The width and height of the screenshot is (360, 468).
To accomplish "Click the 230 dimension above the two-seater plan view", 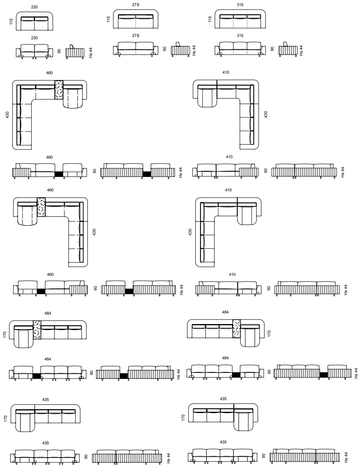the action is [34, 7].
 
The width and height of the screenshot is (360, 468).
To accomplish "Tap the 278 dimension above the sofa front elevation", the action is [136, 35].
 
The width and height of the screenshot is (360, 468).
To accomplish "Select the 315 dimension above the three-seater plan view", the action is [240, 5].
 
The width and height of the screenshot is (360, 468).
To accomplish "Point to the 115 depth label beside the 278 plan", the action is [108, 19].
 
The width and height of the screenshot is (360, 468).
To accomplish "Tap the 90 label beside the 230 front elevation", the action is [59, 51].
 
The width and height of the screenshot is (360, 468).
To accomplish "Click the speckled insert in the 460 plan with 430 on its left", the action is [59, 90].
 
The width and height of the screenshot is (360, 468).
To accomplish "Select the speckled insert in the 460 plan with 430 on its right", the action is [41, 207].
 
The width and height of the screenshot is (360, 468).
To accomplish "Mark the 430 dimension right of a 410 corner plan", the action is [266, 115].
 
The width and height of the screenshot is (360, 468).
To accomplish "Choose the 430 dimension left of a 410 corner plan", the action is [190, 232].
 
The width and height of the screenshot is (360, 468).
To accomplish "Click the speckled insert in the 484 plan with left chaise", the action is [37, 330].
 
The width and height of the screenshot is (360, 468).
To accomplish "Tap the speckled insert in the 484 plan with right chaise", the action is [236, 329].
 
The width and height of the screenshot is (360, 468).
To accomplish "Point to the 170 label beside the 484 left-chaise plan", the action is [5, 335].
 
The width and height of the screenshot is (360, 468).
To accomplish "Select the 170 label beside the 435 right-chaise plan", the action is [183, 417].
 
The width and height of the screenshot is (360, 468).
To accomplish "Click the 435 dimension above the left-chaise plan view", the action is [45, 400].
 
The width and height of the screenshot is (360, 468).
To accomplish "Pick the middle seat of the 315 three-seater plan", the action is [240, 22].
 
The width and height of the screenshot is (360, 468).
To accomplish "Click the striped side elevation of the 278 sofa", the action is [181, 51].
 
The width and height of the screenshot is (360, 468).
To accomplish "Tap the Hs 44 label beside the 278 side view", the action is [194, 51].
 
